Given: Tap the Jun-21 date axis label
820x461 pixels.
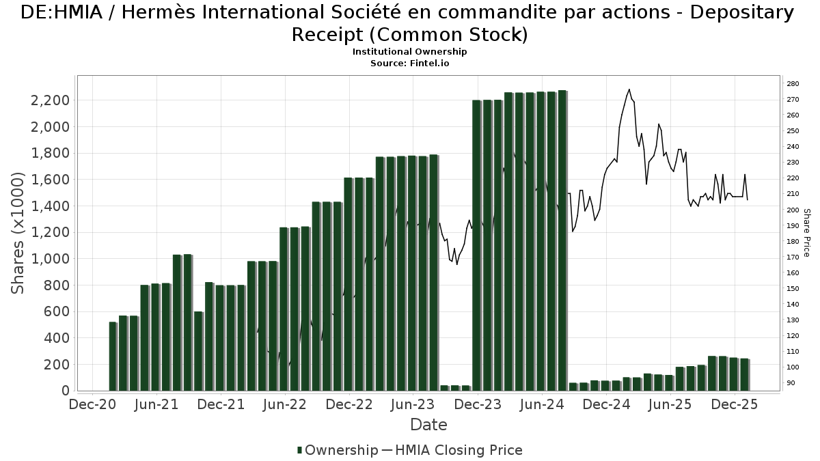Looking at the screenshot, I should point(156,404).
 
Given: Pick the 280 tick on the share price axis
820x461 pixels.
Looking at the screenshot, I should point(793,84).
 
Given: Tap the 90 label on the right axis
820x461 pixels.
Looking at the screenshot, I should point(791,383).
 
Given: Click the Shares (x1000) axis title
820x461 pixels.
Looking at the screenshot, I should point(18,232).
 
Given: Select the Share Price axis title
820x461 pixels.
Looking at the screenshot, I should point(807,232).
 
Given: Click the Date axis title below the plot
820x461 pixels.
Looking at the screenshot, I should point(428,425).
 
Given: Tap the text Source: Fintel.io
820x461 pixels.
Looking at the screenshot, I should point(409,63).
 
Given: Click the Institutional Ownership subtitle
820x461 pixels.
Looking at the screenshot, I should point(409,52).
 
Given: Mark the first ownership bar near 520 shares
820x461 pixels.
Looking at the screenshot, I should point(113,356).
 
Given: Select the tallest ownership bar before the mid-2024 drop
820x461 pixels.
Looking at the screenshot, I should point(562,240).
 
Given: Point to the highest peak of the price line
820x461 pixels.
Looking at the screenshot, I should point(629,89).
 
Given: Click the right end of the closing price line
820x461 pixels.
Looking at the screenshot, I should point(747,199).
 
